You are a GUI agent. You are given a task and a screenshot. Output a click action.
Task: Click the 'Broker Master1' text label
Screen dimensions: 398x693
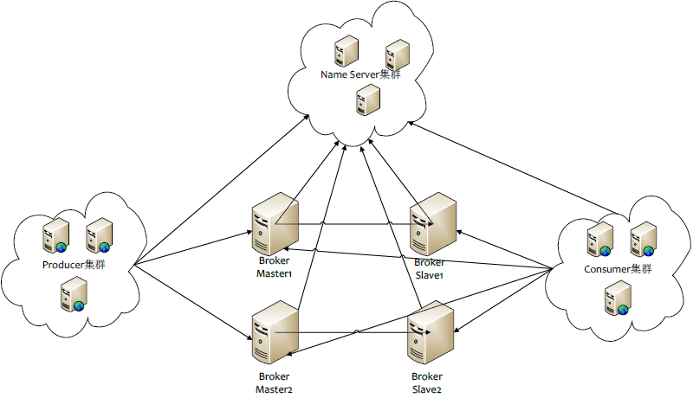click(275, 267)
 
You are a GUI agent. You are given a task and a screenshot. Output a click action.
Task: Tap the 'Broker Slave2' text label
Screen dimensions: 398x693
click(427, 383)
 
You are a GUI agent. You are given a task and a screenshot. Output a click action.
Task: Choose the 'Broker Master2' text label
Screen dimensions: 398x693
click(275, 383)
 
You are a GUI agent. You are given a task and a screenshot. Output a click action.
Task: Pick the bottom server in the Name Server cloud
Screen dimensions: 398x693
click(368, 101)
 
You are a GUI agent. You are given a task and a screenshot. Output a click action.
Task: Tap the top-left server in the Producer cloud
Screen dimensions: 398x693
click(55, 234)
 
